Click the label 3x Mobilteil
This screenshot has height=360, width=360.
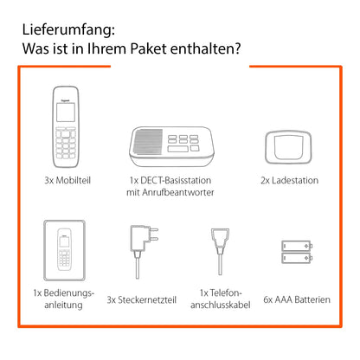coord(66,180)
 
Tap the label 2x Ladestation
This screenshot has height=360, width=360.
coord(289,180)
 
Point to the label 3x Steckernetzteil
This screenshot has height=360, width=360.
coord(143,299)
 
